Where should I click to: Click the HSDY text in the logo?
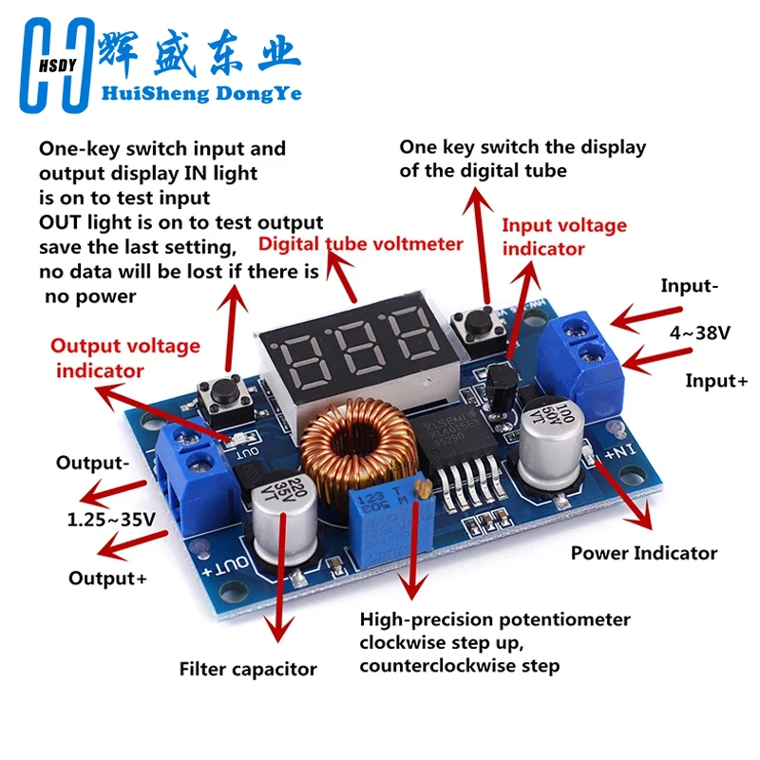point(58,66)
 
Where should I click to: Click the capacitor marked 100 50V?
point(550,441)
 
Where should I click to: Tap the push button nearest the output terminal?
point(225,398)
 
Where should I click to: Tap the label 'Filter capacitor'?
point(248,670)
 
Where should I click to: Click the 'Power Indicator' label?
point(644,553)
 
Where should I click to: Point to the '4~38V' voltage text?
point(699,333)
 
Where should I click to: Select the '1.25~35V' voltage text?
point(111,520)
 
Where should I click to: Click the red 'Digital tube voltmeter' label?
point(361,244)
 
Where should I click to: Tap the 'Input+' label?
point(716,381)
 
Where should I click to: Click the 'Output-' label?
point(92,463)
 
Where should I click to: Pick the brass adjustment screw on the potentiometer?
point(424,489)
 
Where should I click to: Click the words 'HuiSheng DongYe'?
point(201,93)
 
